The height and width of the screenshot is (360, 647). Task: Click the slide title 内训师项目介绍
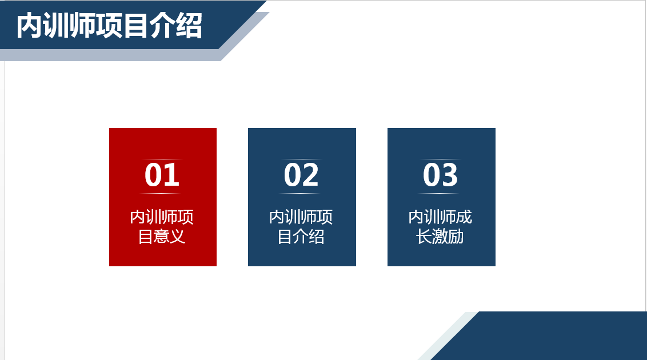109,26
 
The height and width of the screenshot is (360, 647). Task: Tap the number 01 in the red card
162,175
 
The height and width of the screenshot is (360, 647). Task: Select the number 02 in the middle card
301,175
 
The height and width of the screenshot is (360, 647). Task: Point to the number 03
441,175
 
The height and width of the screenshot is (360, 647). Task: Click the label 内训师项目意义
162,227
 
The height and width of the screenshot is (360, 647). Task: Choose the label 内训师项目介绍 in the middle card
301,227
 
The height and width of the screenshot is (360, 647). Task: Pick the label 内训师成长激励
441,227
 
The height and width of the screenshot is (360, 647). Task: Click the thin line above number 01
162,159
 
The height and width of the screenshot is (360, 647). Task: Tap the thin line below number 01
162,194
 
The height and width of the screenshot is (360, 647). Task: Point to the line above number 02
301,159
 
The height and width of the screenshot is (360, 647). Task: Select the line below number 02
301,194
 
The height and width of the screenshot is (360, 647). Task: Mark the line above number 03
441,159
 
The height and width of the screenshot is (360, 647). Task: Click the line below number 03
441,194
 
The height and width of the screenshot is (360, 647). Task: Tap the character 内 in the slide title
28,26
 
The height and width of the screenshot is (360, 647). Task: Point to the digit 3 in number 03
450,175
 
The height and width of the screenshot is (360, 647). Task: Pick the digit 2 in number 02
311,175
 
